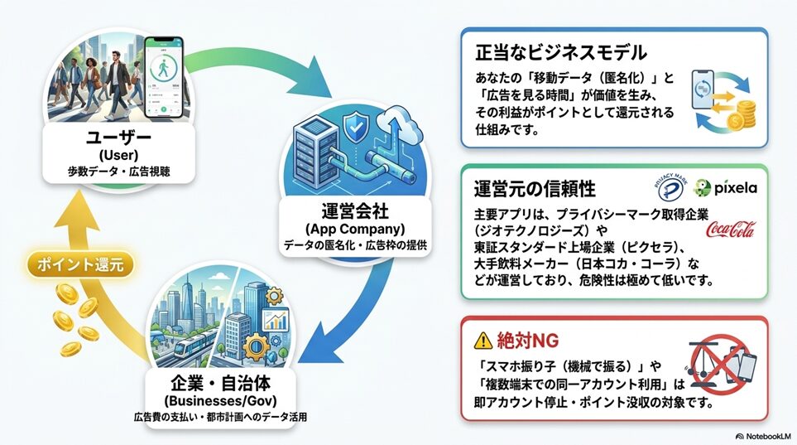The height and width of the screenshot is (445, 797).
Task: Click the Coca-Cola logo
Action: (731, 230)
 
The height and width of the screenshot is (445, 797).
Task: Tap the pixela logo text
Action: (735, 188)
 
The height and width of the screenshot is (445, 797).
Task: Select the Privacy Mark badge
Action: (670, 187)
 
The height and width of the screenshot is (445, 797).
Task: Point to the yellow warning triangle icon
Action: (483, 341)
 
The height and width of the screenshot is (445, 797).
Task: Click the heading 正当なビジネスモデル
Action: (561, 52)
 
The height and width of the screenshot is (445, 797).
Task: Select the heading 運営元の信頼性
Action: (535, 189)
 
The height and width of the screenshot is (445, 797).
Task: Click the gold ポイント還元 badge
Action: (80, 264)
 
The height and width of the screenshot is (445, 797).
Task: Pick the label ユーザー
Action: (119, 138)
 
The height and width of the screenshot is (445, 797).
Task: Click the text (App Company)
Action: (355, 229)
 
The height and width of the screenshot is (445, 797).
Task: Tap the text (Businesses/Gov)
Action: (220, 400)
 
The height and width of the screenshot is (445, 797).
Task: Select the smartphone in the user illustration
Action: (163, 77)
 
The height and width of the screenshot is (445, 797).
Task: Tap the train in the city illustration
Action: (196, 342)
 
